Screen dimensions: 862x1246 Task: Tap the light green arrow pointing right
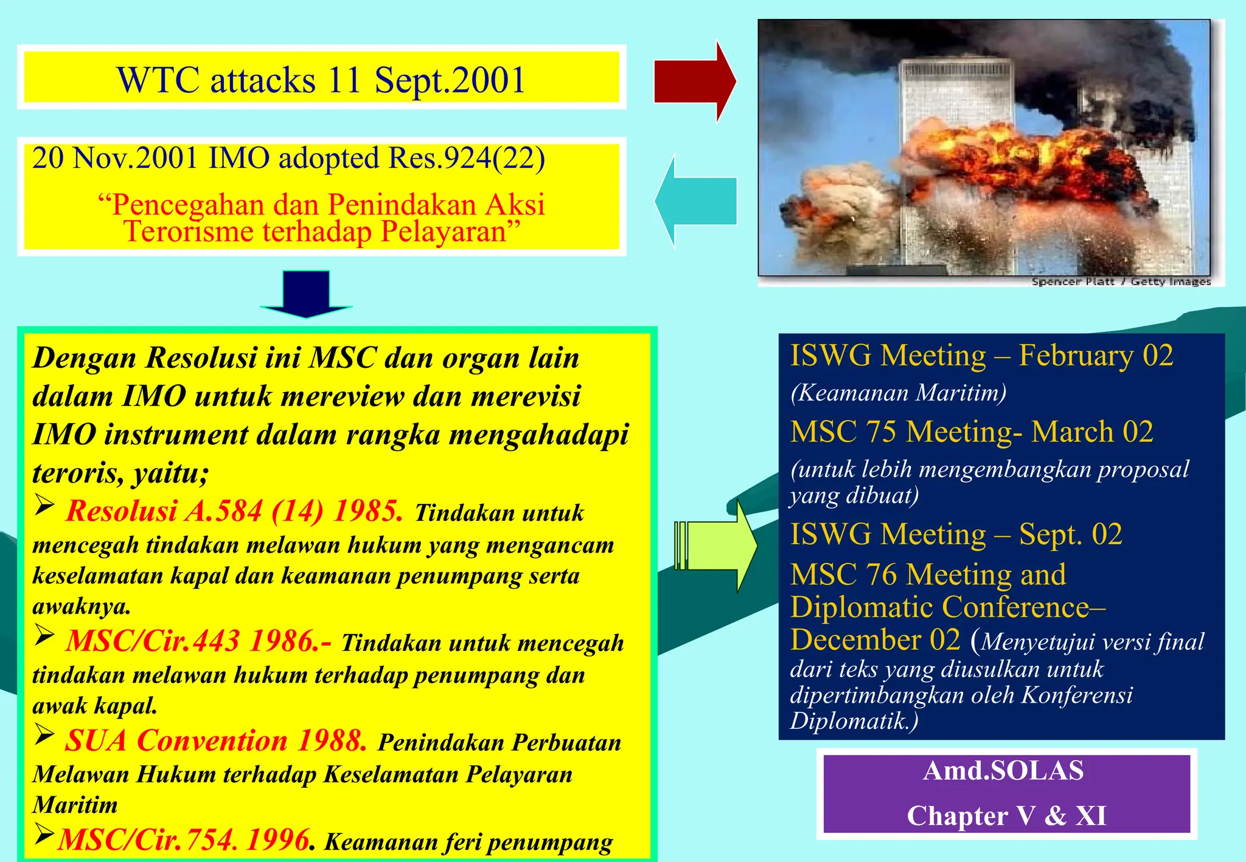pos(718,545)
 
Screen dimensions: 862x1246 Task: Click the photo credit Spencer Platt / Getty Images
pos(1121,281)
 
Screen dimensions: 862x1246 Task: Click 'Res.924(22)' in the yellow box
pos(466,158)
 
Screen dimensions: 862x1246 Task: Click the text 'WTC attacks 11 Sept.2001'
pos(321,80)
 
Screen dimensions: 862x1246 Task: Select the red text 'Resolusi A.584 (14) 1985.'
pos(234,511)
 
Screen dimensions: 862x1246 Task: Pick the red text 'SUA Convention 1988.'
pos(216,740)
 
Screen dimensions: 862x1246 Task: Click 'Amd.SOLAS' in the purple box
pos(1003,770)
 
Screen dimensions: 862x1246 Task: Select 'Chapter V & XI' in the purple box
pos(1006,815)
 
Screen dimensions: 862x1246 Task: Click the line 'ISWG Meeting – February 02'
pos(981,355)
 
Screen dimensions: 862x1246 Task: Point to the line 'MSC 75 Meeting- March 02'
pos(972,432)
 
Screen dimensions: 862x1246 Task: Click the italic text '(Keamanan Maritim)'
pos(898,393)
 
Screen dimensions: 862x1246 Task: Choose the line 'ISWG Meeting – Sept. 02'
pos(956,534)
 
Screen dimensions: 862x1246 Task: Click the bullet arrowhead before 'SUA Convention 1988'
pos(44,734)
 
